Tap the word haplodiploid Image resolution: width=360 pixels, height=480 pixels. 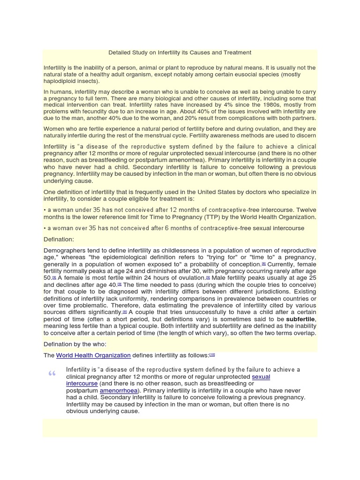(x=61, y=81)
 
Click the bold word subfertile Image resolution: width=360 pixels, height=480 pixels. (x=301, y=319)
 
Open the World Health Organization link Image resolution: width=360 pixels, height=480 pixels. (x=93, y=355)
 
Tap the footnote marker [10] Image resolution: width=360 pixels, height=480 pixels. (x=212, y=354)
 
